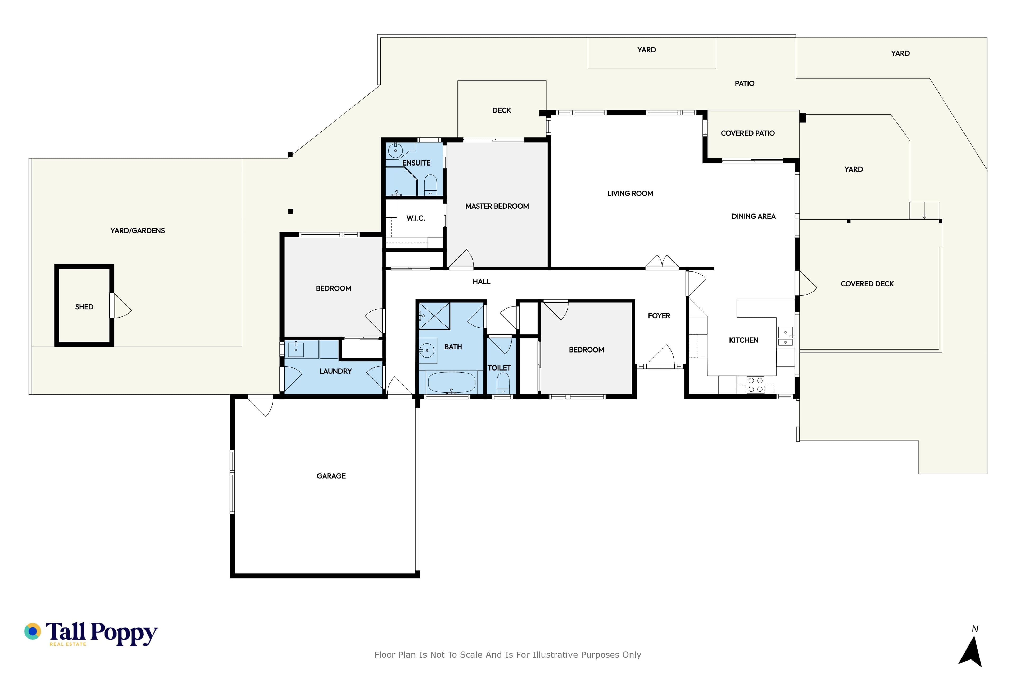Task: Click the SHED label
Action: click(84, 307)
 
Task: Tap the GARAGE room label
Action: click(331, 476)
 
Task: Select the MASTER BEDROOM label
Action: click(497, 206)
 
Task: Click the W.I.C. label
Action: click(416, 218)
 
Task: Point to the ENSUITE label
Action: click(416, 163)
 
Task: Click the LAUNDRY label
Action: click(336, 371)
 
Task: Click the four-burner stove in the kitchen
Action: click(756, 385)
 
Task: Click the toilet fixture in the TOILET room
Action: click(503, 383)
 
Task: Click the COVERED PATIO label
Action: click(748, 133)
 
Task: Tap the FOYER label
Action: click(659, 316)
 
